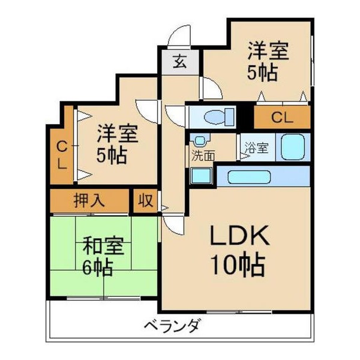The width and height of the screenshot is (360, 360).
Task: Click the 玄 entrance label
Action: click(180, 61)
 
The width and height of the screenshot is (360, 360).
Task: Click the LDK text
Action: click(238, 237)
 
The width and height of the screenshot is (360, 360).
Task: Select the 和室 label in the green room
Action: click(102, 246)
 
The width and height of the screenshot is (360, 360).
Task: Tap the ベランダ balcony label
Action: click(171, 327)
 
